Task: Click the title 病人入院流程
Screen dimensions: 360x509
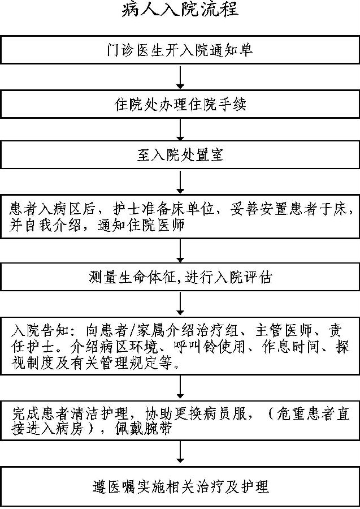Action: click(x=180, y=9)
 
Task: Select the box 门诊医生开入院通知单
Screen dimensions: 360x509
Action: click(x=180, y=49)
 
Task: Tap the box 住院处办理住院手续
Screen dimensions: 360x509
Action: click(x=180, y=104)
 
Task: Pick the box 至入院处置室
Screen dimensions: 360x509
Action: click(x=180, y=154)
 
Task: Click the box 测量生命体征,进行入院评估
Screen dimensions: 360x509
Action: click(x=180, y=277)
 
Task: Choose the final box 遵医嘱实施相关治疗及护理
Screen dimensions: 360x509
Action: click(x=180, y=486)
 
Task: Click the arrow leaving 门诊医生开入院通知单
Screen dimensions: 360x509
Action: click(x=180, y=76)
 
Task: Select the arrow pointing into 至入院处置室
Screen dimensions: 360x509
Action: click(x=180, y=129)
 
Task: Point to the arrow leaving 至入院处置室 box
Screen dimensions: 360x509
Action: click(x=180, y=181)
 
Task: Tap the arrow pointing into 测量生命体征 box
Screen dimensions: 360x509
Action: click(x=180, y=251)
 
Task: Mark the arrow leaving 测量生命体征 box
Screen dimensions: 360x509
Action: click(x=180, y=304)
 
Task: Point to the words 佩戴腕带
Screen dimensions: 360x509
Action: click(x=143, y=429)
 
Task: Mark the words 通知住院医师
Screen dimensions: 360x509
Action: click(x=141, y=225)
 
